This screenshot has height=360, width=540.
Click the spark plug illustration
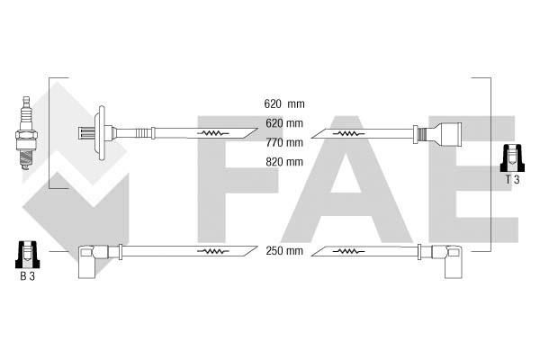point(26,133)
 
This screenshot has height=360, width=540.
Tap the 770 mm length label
point(284,142)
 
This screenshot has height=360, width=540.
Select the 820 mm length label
point(284,162)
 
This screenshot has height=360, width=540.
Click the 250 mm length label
point(284,251)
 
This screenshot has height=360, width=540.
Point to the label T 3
point(512,179)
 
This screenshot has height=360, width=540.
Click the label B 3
point(27,276)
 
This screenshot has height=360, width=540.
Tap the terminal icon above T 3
point(512,157)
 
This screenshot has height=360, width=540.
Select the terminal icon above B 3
point(28,255)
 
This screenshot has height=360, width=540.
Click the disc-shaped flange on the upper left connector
point(102,133)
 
